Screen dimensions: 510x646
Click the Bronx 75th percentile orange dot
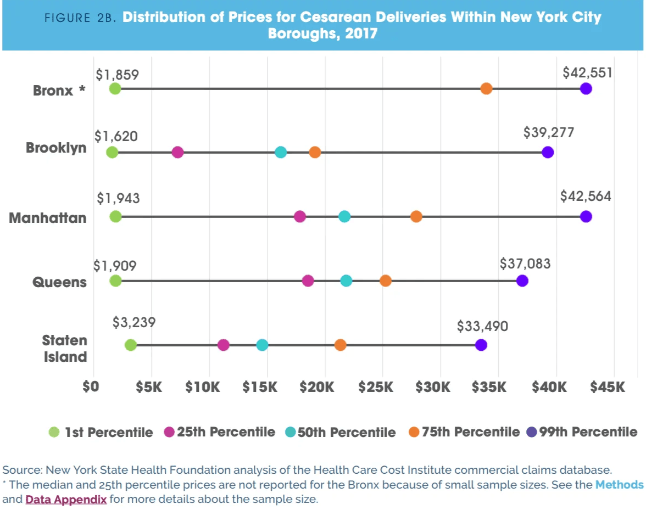click(x=486, y=88)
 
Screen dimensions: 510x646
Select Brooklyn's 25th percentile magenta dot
click(x=177, y=152)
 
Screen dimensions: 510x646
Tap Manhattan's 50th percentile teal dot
click(x=344, y=216)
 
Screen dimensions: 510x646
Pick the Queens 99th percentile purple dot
click(x=522, y=281)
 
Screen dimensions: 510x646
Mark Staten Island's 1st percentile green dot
click(x=130, y=345)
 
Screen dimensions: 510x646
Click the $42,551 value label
click(x=587, y=73)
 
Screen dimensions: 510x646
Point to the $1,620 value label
click(x=116, y=136)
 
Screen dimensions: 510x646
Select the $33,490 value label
click(x=482, y=327)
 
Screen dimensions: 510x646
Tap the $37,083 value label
click(x=525, y=264)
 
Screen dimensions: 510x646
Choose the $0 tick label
click(x=91, y=387)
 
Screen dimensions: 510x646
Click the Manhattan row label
click(x=48, y=218)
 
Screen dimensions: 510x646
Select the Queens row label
click(x=59, y=282)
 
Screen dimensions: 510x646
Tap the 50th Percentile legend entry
click(x=341, y=433)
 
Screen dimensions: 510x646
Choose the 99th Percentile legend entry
click(x=582, y=432)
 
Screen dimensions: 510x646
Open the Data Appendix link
click(x=66, y=500)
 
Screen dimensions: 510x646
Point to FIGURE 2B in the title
click(x=80, y=18)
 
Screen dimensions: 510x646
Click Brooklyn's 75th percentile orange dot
click(x=315, y=152)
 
